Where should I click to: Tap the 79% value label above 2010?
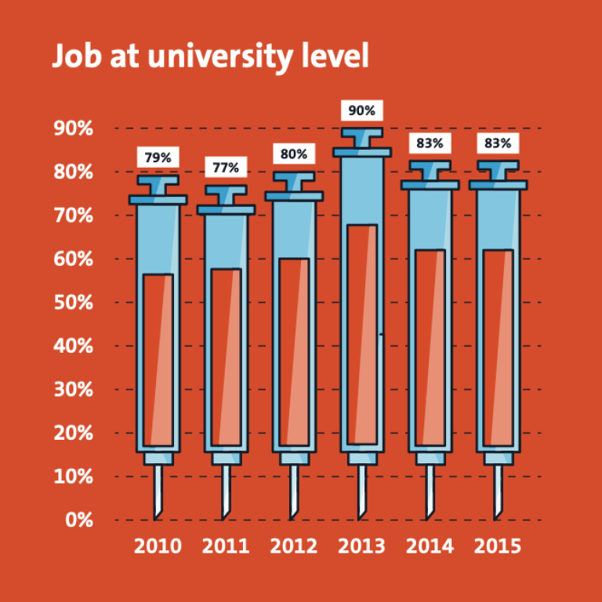pyautogui.click(x=158, y=158)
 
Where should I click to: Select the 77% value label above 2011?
pyautogui.click(x=226, y=168)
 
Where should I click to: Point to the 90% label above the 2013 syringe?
pyautogui.click(x=361, y=111)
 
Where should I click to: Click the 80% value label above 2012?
pyautogui.click(x=294, y=154)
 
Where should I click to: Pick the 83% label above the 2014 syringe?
pyautogui.click(x=430, y=143)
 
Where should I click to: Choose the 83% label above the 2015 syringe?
pyautogui.click(x=498, y=143)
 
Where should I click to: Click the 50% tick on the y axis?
pyautogui.click(x=74, y=303)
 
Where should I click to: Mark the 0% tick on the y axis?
pyautogui.click(x=79, y=520)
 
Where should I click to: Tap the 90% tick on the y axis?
pyautogui.click(x=74, y=129)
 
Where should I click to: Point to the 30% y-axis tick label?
pyautogui.click(x=74, y=390)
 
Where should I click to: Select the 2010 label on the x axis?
pyautogui.click(x=158, y=546)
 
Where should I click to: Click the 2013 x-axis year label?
pyautogui.click(x=361, y=546)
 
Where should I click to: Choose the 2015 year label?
pyautogui.click(x=498, y=546)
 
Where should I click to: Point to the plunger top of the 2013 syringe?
pyautogui.click(x=361, y=133)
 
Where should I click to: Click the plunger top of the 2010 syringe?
pyautogui.click(x=158, y=180)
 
